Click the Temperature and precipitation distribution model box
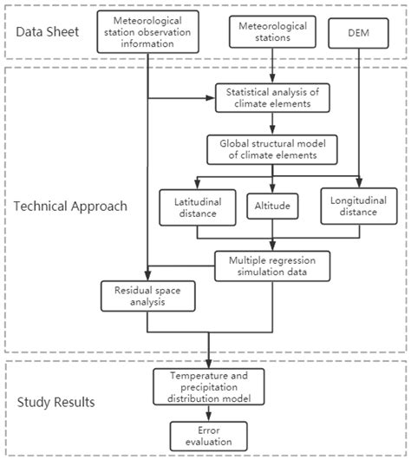[x=208, y=385]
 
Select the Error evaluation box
[x=208, y=435]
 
